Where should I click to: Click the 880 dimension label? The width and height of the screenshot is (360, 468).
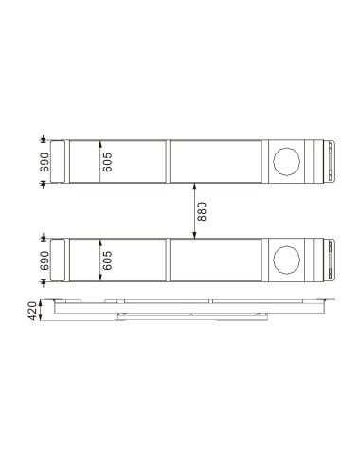click(x=202, y=210)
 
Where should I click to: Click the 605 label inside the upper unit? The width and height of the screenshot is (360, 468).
click(x=108, y=161)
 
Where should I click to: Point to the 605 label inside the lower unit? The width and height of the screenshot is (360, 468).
click(x=108, y=261)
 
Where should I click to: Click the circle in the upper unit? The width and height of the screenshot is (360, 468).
click(x=287, y=161)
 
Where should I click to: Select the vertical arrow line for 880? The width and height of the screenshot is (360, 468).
click(x=193, y=210)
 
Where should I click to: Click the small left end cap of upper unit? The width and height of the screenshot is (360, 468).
click(x=58, y=161)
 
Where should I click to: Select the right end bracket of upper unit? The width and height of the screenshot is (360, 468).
click(x=328, y=161)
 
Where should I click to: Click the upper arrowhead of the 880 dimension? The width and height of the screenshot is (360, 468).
click(x=193, y=187)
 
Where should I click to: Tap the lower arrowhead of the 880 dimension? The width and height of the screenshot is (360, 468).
click(x=193, y=234)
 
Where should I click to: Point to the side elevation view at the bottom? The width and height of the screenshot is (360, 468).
click(x=189, y=309)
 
